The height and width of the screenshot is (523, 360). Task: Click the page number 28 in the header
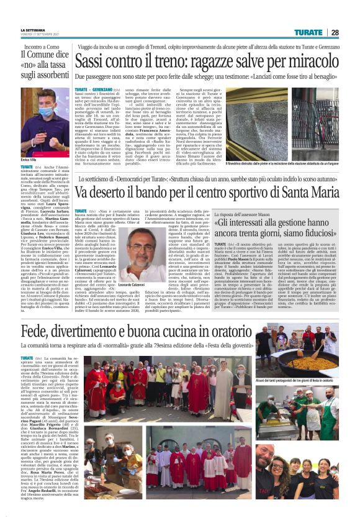pyautogui.click(x=335, y=32)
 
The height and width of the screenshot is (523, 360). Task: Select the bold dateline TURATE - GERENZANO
pyautogui.click(x=96, y=90)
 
